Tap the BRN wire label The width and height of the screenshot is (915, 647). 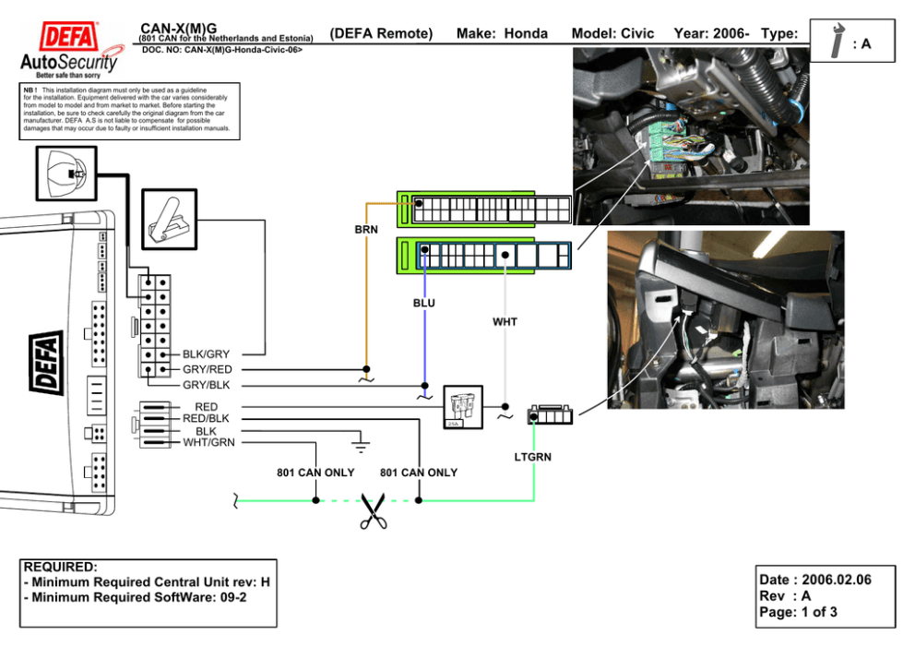click(x=366, y=230)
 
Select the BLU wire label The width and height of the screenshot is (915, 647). click(x=424, y=303)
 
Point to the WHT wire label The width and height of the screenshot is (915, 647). click(x=505, y=322)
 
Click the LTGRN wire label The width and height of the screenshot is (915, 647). click(x=532, y=457)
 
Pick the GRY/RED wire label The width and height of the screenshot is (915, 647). click(x=208, y=369)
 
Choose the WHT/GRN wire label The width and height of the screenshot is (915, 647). click(x=208, y=442)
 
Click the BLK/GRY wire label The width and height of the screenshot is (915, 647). click(x=206, y=353)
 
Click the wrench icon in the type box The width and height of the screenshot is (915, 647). click(x=838, y=42)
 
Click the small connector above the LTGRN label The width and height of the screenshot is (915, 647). click(x=549, y=415)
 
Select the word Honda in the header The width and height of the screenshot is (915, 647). click(x=526, y=34)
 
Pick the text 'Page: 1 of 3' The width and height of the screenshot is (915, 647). click(x=798, y=612)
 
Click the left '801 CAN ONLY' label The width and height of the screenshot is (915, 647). click(x=315, y=473)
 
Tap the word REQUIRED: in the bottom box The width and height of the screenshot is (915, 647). click(x=60, y=567)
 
